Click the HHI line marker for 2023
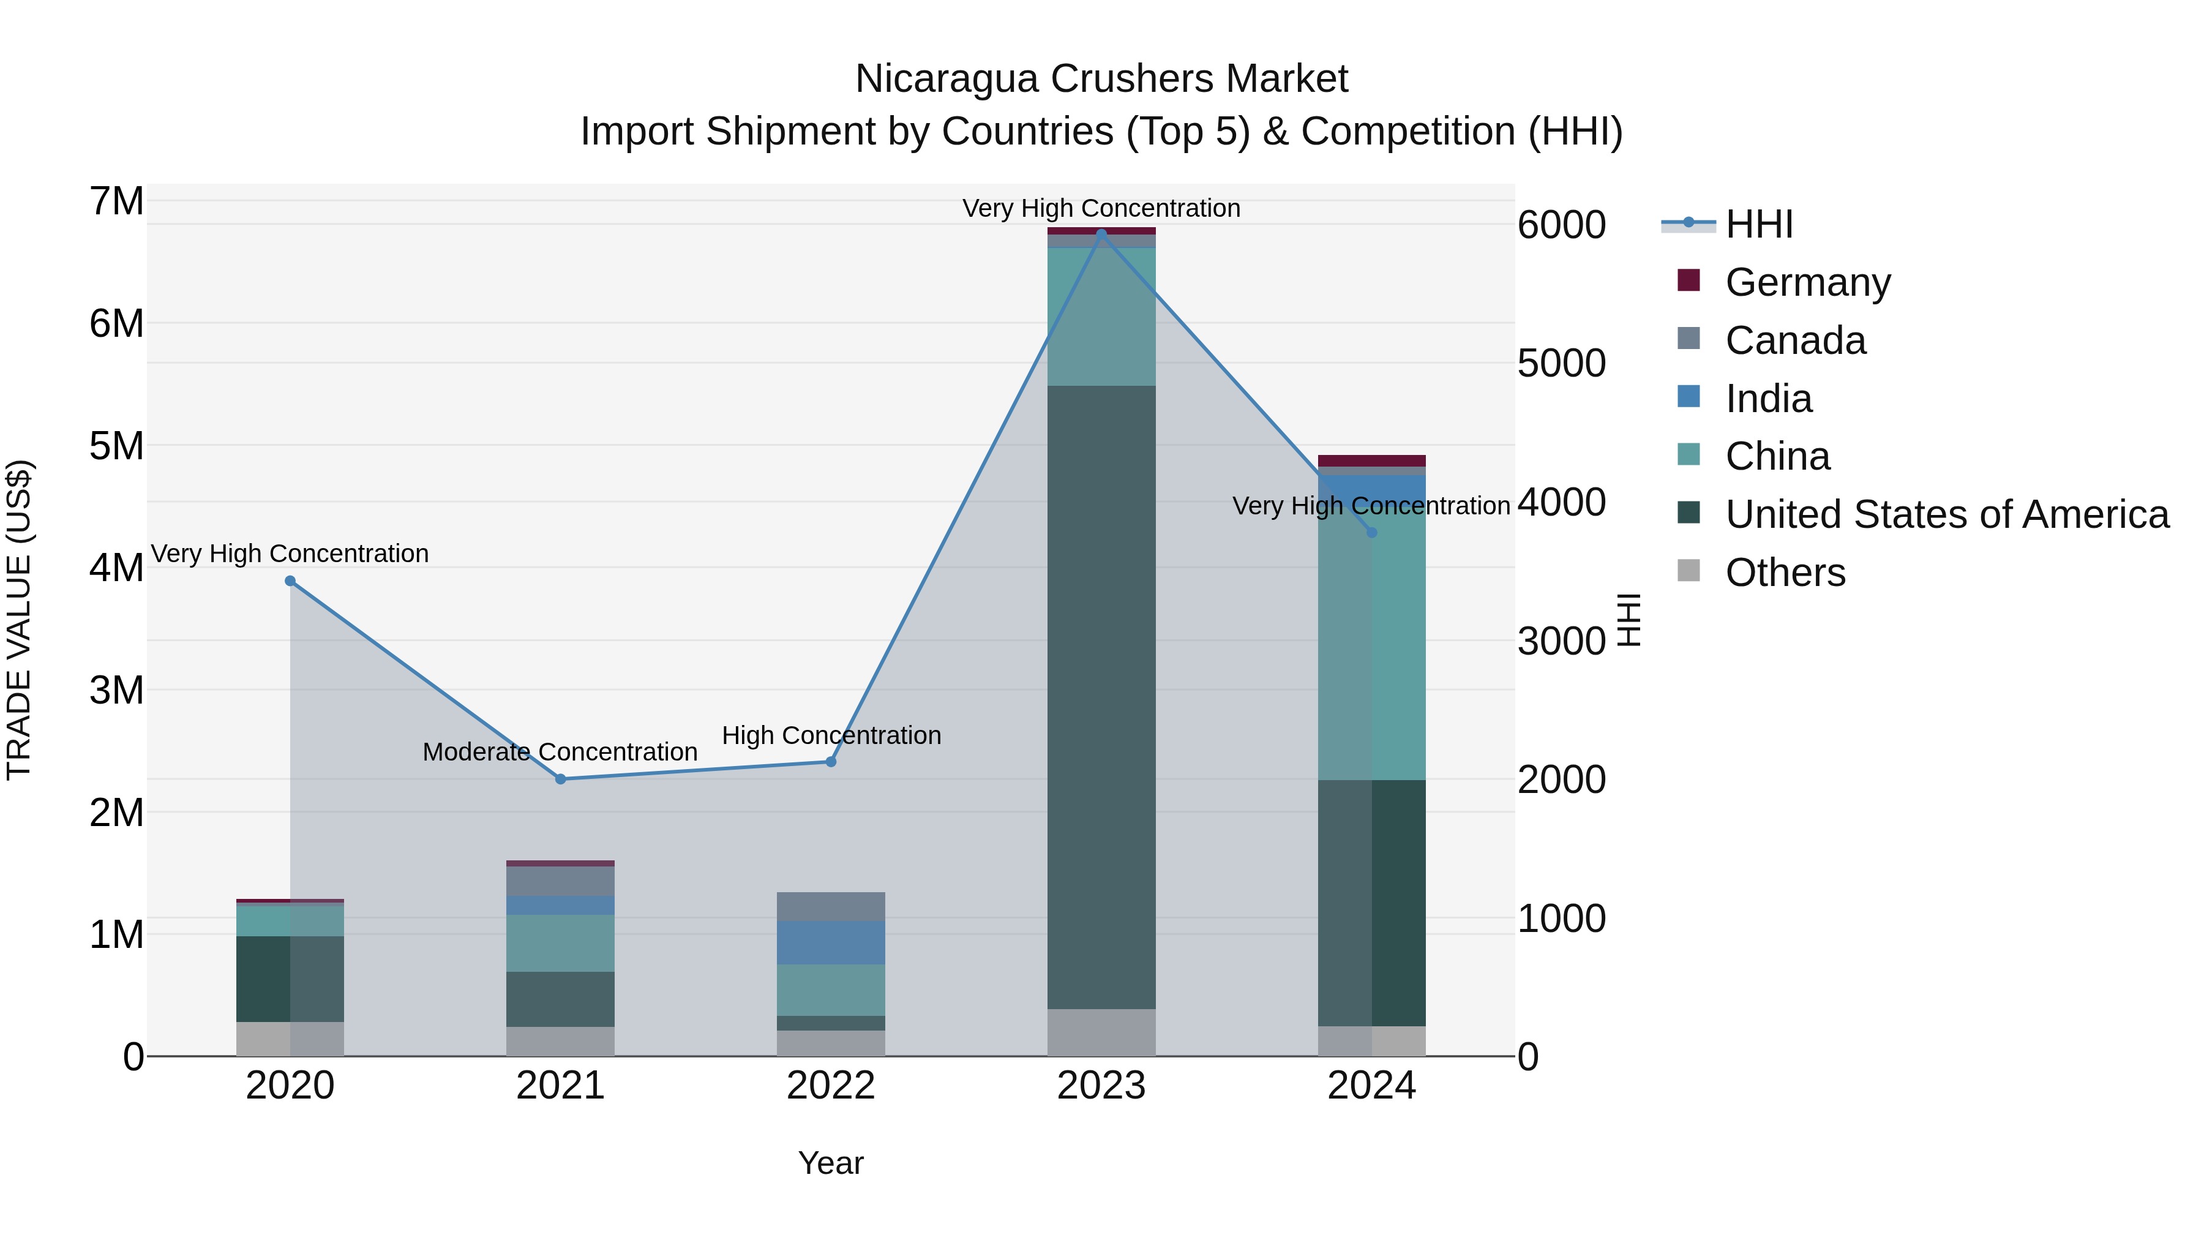click(x=1101, y=232)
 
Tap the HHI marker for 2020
click(x=290, y=581)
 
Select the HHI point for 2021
click(x=560, y=779)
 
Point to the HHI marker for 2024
click(x=1371, y=532)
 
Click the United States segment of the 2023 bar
click(x=1101, y=697)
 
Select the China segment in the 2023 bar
click(x=1101, y=317)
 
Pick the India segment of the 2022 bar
click(x=831, y=943)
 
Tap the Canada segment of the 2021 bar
click(x=560, y=881)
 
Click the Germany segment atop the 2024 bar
click(x=1371, y=460)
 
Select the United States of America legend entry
click(x=1946, y=514)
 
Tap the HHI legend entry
click(x=1758, y=224)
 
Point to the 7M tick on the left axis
click(x=117, y=202)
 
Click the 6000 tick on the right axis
click(x=1561, y=225)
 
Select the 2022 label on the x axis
click(x=831, y=1086)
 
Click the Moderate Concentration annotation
click(x=560, y=752)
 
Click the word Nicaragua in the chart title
click(x=947, y=79)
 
